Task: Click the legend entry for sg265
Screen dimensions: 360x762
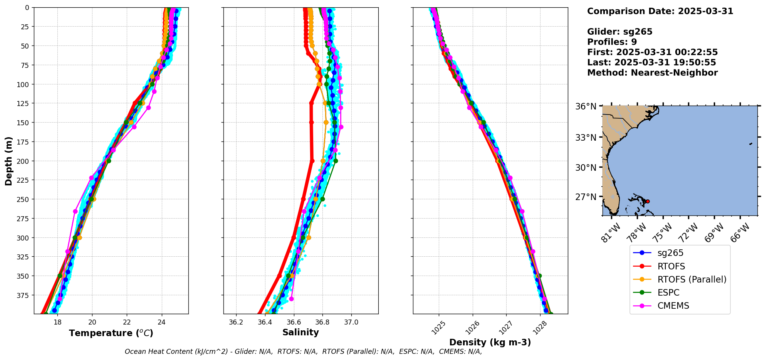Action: tap(670, 253)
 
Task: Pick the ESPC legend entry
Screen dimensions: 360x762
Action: tap(668, 293)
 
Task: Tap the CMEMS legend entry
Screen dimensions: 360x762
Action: tap(673, 306)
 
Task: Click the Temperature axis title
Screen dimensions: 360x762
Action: tap(111, 333)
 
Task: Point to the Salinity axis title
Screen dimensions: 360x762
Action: tap(300, 333)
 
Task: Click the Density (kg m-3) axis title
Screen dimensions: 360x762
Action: tap(490, 342)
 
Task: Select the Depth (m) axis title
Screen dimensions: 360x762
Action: tap(8, 161)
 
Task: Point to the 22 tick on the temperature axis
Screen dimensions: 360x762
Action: tap(127, 322)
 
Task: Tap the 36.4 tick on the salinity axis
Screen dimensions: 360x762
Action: tap(265, 322)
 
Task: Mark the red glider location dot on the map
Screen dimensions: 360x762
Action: tap(648, 201)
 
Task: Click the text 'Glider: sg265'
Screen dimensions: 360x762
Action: tap(619, 32)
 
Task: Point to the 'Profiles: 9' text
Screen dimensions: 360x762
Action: tap(612, 42)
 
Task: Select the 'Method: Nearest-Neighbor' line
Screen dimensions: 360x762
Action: tap(652, 73)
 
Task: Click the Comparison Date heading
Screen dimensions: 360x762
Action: tap(660, 11)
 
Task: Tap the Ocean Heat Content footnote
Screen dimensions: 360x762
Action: tap(303, 352)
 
